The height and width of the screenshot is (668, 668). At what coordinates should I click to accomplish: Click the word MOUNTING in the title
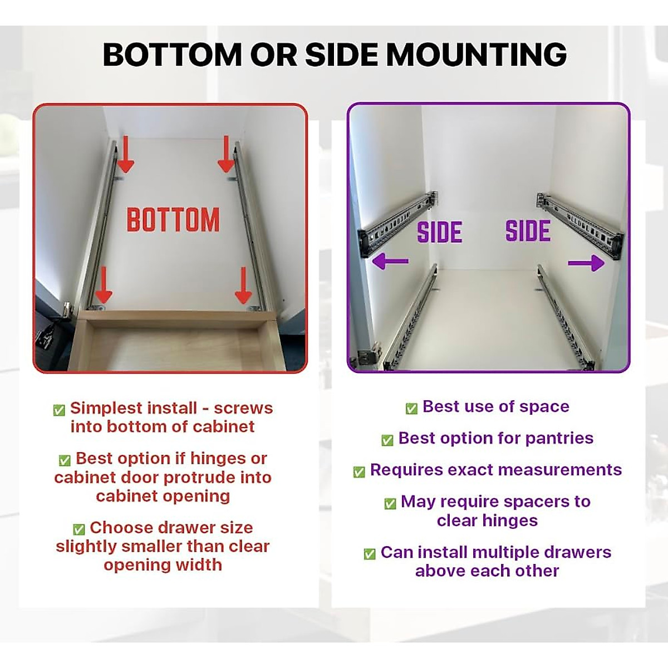477,55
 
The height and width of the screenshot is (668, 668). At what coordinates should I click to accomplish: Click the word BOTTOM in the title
172,55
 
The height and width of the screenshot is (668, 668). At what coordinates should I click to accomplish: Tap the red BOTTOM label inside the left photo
173,220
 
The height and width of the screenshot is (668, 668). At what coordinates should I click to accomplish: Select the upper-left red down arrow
125,155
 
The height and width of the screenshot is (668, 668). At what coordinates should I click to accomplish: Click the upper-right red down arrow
226,155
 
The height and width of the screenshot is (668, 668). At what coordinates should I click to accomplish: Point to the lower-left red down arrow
103,284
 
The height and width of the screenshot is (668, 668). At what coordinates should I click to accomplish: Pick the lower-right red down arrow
243,285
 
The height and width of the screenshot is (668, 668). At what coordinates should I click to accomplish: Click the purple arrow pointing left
390,261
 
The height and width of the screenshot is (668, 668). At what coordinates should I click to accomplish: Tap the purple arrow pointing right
586,263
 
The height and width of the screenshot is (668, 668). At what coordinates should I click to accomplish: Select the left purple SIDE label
440,233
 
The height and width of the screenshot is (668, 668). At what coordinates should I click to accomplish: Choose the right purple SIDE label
528,232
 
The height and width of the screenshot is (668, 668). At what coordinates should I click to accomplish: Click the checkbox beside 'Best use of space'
411,409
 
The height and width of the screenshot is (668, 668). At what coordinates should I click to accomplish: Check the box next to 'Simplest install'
59,410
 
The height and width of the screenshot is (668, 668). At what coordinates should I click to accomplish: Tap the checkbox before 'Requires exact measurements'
359,472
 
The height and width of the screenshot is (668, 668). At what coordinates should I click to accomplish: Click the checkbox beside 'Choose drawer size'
78,529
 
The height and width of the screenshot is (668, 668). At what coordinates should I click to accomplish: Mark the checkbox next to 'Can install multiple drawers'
369,554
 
